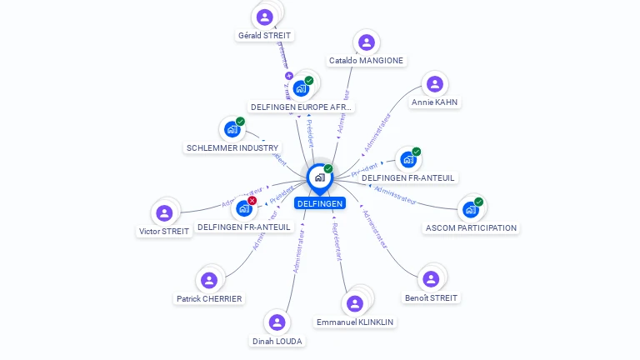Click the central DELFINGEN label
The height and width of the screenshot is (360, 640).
click(319, 203)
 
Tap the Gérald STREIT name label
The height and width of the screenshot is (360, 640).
click(265, 36)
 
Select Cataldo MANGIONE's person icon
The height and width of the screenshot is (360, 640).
click(366, 42)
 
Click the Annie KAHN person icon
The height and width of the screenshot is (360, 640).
click(434, 84)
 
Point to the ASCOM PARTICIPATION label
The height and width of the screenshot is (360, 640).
click(471, 227)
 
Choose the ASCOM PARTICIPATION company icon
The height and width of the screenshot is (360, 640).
click(471, 209)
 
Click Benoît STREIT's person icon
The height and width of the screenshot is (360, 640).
click(431, 279)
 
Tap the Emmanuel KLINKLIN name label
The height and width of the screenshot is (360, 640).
click(355, 322)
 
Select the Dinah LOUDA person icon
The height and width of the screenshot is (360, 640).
click(277, 322)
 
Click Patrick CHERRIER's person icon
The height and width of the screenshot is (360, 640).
click(209, 280)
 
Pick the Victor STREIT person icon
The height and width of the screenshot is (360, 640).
click(164, 213)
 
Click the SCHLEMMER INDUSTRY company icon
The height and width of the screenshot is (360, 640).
click(232, 129)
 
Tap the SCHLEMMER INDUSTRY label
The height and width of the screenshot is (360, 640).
click(232, 147)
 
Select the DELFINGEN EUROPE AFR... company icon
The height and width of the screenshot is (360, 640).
click(301, 88)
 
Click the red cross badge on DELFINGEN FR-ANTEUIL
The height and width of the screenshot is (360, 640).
click(252, 201)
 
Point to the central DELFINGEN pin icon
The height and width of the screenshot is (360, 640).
click(319, 177)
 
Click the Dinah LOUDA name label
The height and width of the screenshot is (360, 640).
click(277, 341)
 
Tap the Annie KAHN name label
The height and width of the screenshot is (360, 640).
click(434, 102)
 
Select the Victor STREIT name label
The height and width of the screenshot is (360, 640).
click(164, 232)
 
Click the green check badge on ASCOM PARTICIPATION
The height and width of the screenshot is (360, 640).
click(478, 202)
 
